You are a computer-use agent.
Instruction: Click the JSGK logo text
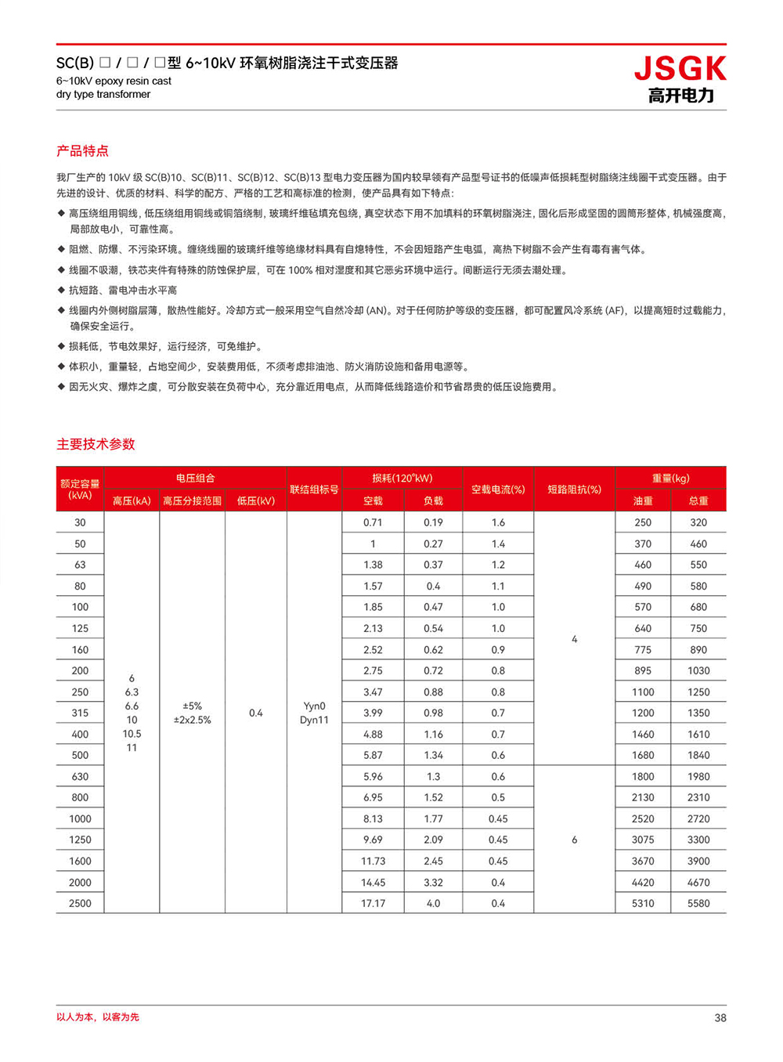pos(680,70)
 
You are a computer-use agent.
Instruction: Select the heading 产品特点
pos(82,151)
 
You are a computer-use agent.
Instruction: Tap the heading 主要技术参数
pos(96,444)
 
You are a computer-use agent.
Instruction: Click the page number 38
pos(720,1018)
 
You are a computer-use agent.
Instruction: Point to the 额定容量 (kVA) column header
pos(80,489)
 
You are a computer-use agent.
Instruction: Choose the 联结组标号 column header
pos(314,489)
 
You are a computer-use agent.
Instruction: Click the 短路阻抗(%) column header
pos(574,489)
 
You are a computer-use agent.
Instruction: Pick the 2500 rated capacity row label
pos(80,903)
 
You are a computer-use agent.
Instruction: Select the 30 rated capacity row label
pos(80,522)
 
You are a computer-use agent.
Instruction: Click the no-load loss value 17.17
pos(373,903)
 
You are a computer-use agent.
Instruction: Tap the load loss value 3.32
pos(433,883)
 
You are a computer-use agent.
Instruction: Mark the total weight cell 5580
pos(698,903)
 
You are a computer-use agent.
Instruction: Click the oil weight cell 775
pos(643,650)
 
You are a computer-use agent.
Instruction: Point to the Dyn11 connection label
pos(314,720)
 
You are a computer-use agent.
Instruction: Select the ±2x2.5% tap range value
pos(192,720)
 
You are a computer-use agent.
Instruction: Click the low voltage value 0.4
pos(256,713)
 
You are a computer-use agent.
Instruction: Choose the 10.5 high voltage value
pos(132,734)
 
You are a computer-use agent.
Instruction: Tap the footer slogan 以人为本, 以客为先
pos(98,1017)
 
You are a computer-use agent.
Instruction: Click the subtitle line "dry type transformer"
pos(103,94)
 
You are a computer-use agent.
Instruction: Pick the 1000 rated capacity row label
pos(80,818)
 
